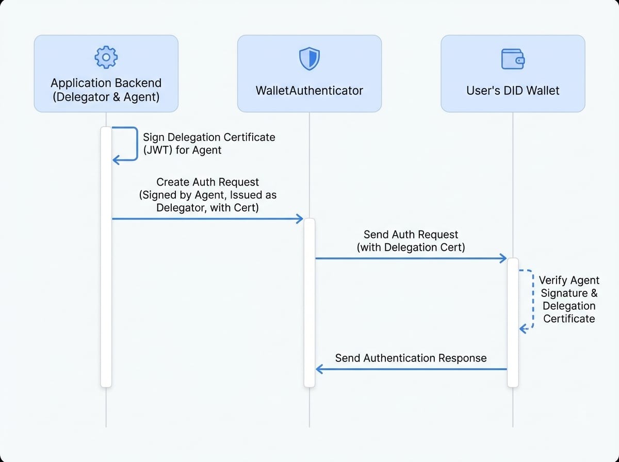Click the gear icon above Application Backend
pyautogui.click(x=106, y=57)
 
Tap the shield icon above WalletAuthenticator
pyautogui.click(x=309, y=58)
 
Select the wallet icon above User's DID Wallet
pyautogui.click(x=513, y=59)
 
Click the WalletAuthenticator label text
pyautogui.click(x=309, y=91)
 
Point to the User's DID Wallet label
pyautogui.click(x=513, y=91)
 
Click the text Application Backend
pyautogui.click(x=106, y=83)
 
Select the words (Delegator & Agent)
pyautogui.click(x=106, y=96)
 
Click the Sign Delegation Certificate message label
pyautogui.click(x=208, y=144)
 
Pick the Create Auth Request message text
pyautogui.click(x=207, y=195)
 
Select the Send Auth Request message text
pyautogui.click(x=411, y=241)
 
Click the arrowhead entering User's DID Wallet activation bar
pyautogui.click(x=504, y=258)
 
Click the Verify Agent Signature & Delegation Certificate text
pyautogui.click(x=569, y=300)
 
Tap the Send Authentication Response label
pyautogui.click(x=411, y=358)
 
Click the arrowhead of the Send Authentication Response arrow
pyautogui.click(x=319, y=369)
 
